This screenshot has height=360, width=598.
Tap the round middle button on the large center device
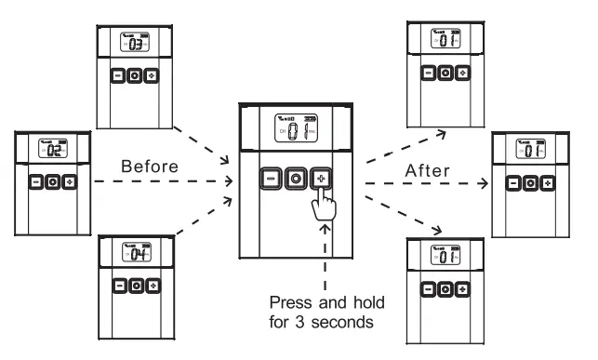[295, 177]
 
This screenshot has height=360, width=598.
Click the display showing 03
[135, 44]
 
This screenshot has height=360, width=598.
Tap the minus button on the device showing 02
[34, 182]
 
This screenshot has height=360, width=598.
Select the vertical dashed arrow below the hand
[326, 260]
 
